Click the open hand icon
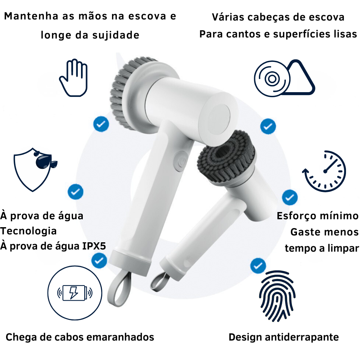73,78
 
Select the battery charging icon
75,293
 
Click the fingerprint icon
277,296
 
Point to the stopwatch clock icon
324,171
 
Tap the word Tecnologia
28,231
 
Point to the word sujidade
116,35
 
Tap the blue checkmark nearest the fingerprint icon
258,266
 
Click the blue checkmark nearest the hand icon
101,124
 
